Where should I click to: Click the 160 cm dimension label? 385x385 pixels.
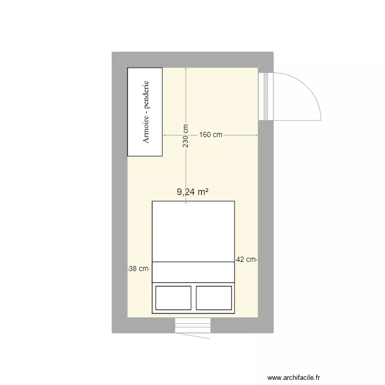point(210,135)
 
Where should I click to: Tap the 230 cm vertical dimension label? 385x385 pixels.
point(186,136)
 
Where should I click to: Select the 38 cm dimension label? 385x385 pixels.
point(139,268)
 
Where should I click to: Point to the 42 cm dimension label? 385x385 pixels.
point(246,260)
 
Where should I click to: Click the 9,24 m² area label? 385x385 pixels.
point(192,192)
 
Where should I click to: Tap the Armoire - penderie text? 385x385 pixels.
point(146,111)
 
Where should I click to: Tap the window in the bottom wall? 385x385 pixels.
point(192,325)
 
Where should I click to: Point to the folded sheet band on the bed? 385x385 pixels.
point(193,272)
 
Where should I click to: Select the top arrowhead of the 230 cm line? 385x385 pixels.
point(186,69)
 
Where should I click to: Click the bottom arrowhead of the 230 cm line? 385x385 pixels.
point(186,203)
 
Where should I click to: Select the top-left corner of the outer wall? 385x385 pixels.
point(113,53)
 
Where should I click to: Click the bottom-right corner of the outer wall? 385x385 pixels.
point(273,332)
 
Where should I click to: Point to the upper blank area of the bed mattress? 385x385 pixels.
point(193,231)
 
